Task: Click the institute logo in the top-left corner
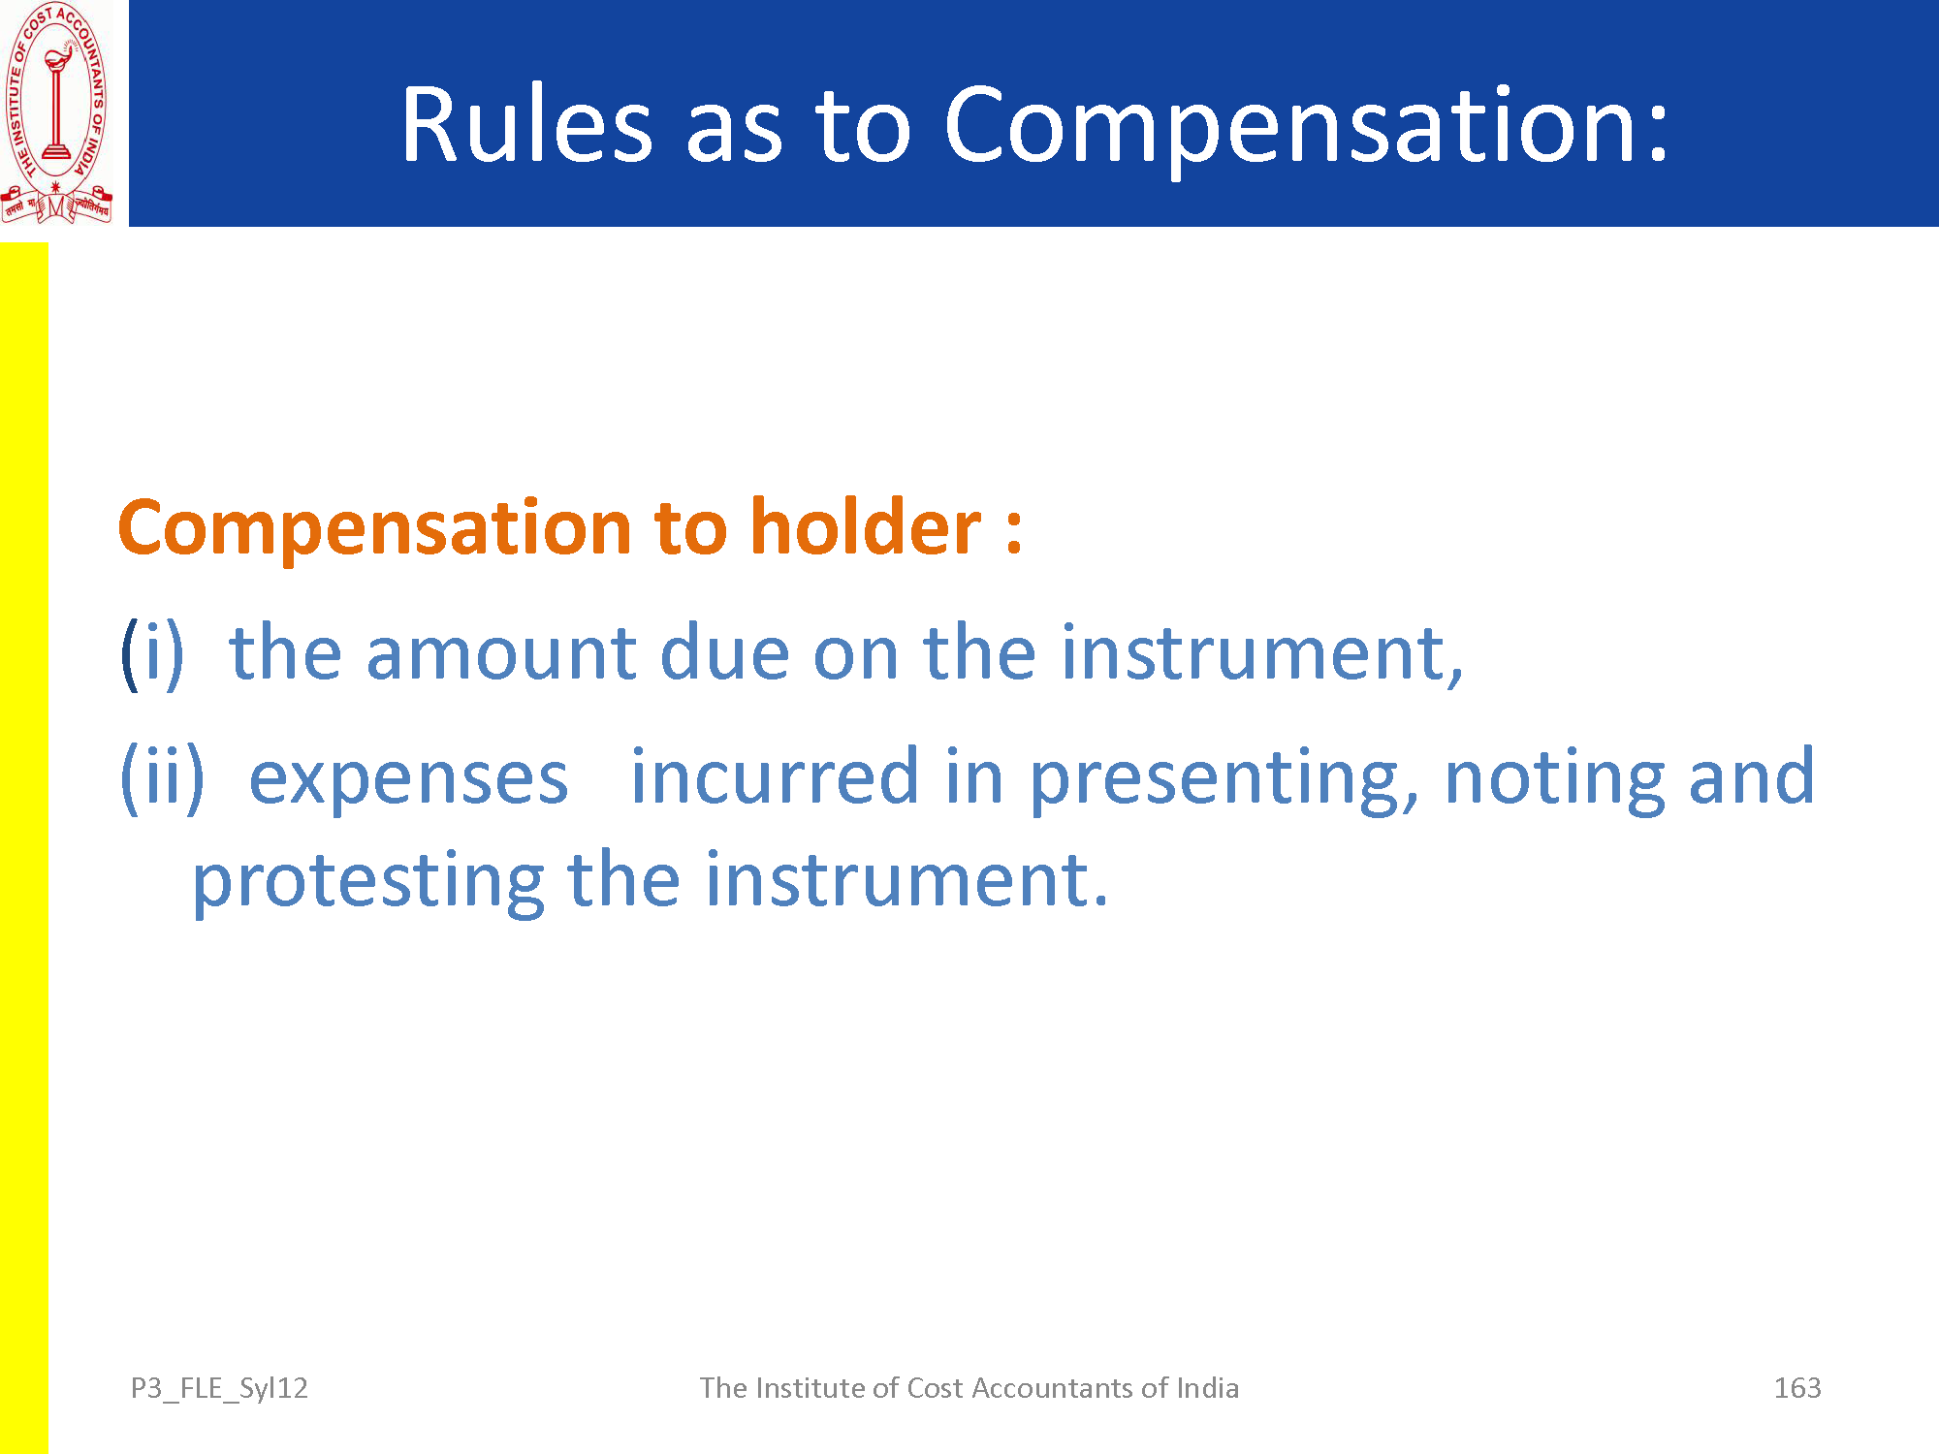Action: pyautogui.click(x=57, y=113)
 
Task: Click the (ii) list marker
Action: pyautogui.click(x=162, y=778)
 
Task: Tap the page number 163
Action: pyautogui.click(x=1797, y=1388)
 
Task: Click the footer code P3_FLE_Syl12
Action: pyautogui.click(x=219, y=1389)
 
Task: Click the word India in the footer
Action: pyautogui.click(x=1207, y=1388)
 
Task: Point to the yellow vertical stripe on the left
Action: pyautogui.click(x=23, y=848)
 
